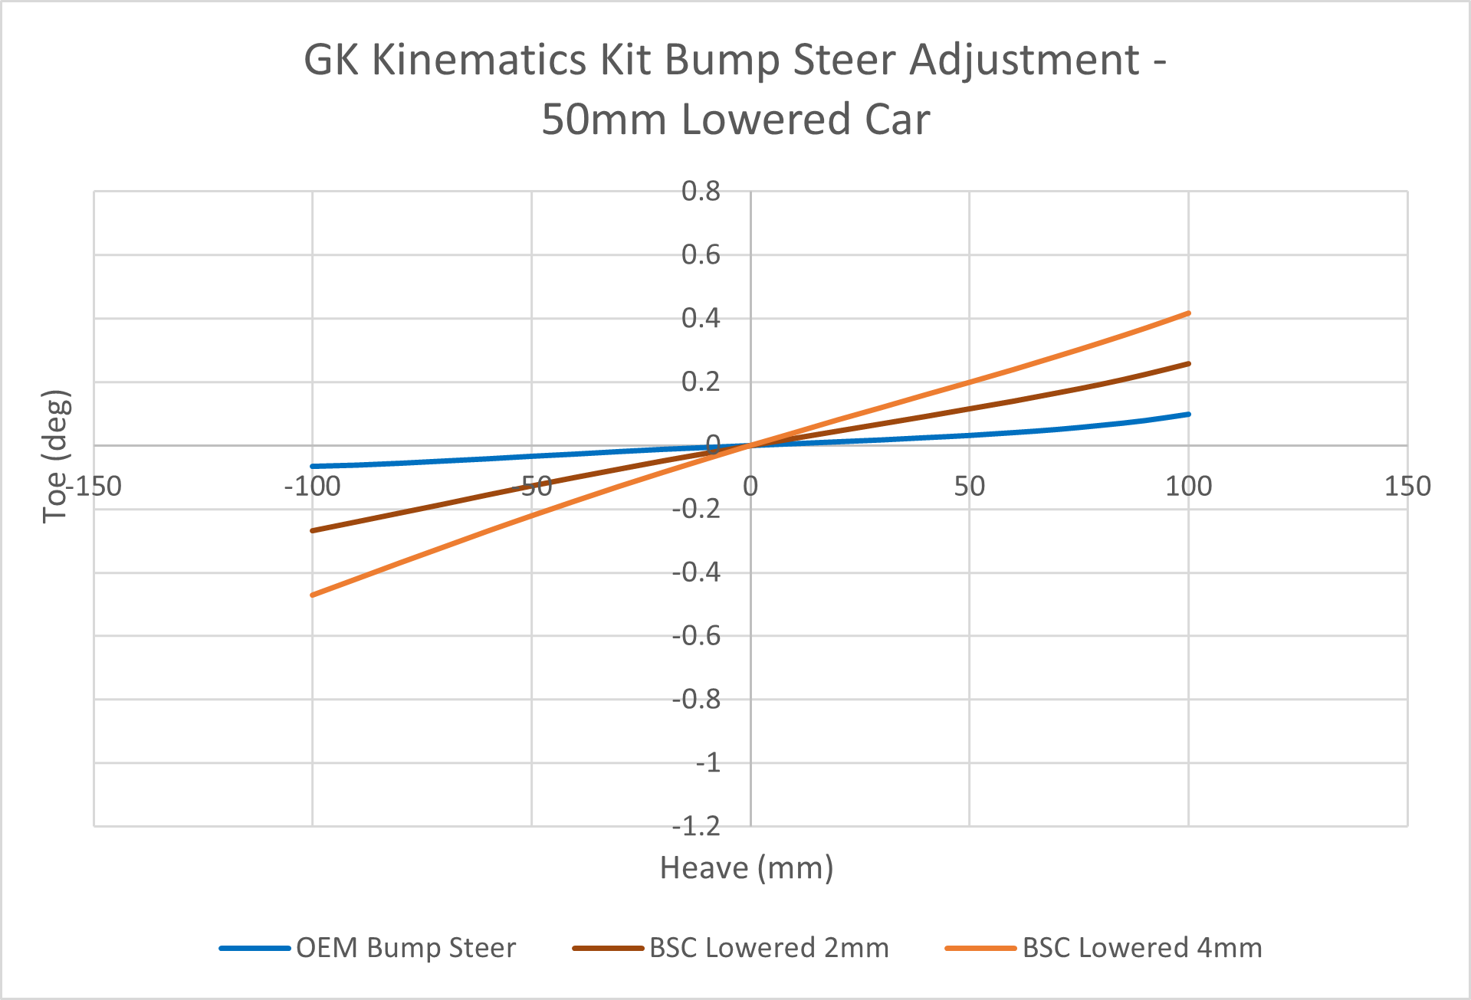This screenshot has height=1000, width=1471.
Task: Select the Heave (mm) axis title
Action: point(746,868)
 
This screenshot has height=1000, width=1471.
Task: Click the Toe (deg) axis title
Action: point(56,457)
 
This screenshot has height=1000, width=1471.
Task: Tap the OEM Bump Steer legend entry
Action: point(406,948)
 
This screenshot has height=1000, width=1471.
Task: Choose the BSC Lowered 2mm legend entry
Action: point(768,948)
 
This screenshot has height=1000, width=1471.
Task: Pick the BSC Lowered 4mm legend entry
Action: point(1141,948)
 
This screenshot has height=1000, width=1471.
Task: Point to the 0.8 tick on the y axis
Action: point(701,192)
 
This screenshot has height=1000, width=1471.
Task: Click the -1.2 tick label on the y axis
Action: point(696,827)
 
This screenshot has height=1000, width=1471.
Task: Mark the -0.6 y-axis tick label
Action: point(696,636)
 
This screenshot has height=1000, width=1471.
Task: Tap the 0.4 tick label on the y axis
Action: point(701,318)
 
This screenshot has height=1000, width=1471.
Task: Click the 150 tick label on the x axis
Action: point(1407,486)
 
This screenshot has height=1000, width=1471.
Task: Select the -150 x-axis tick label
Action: point(94,486)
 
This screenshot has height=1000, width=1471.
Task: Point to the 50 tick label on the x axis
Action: point(969,486)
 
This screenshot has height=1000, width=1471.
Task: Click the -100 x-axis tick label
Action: point(312,486)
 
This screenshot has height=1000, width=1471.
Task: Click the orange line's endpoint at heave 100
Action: point(1188,313)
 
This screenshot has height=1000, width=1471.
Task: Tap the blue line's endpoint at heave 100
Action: point(1188,415)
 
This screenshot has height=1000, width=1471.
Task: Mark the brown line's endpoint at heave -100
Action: point(312,530)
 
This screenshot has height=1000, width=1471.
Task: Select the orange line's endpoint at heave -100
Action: point(312,595)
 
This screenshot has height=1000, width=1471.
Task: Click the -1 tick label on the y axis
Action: point(708,763)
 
